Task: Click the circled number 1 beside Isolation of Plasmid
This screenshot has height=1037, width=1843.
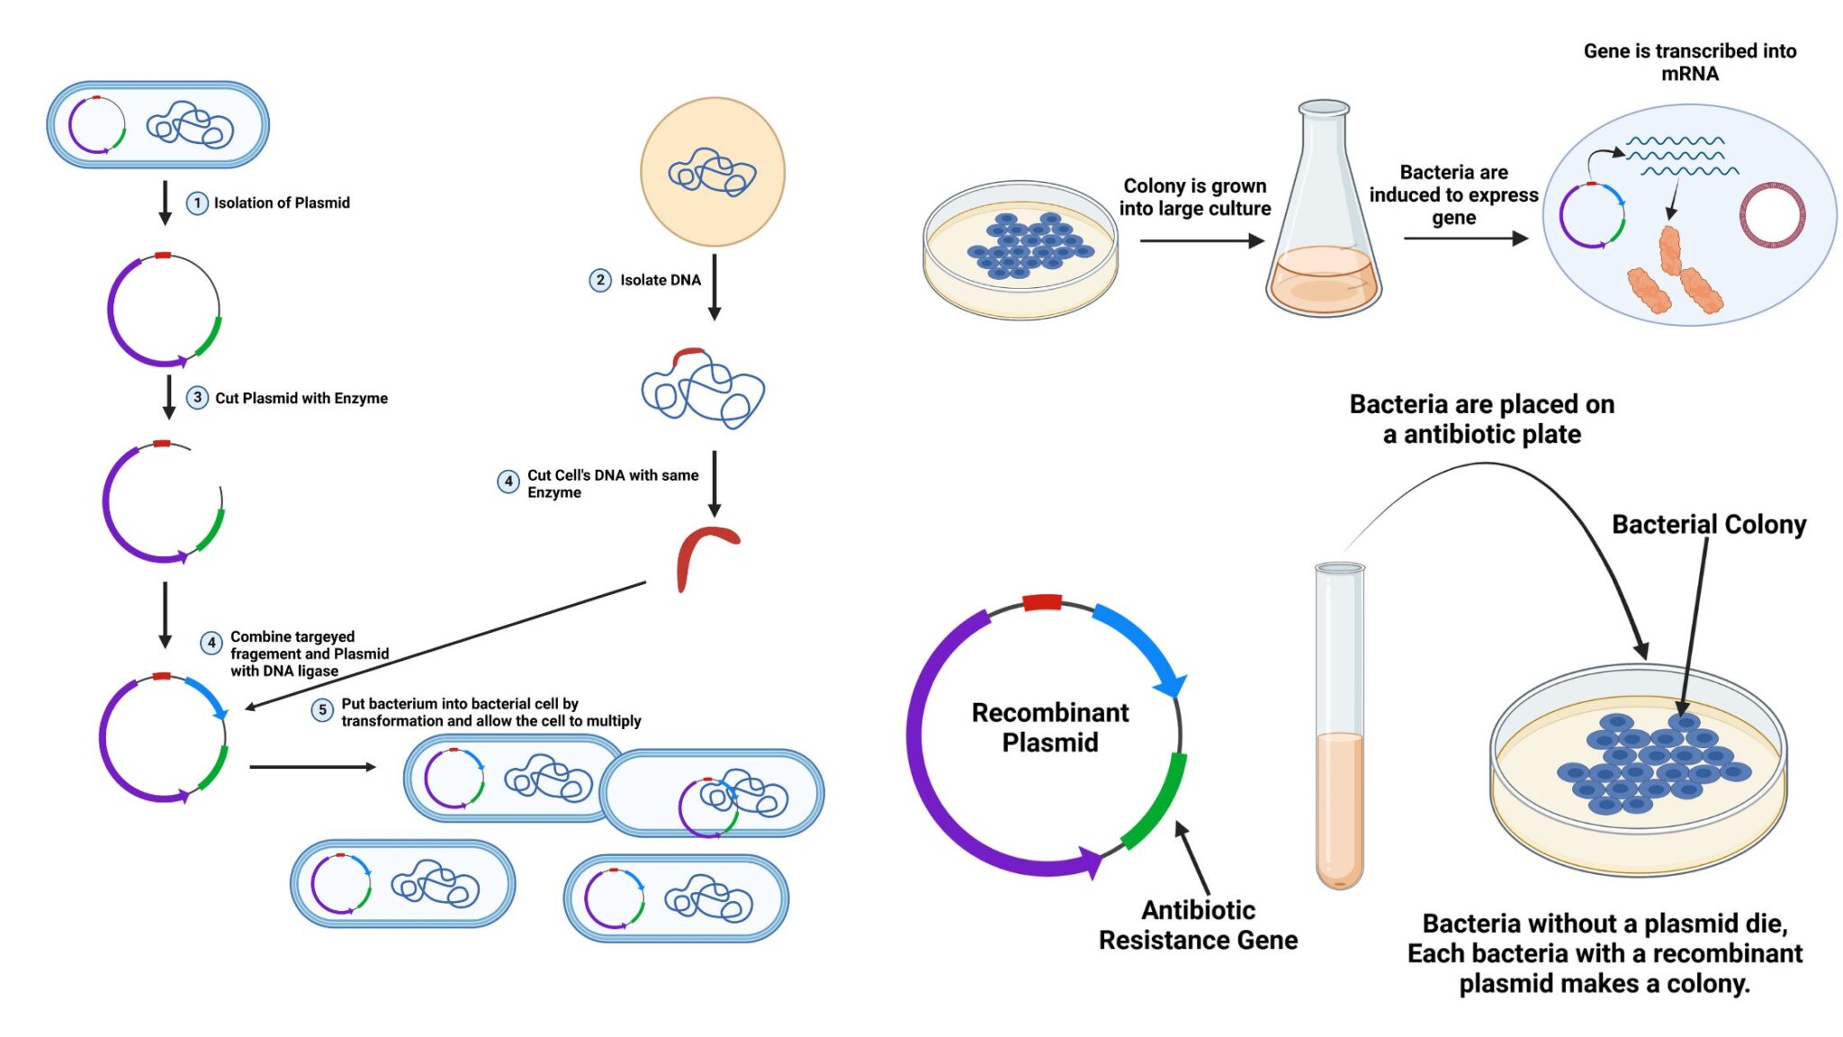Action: point(197,203)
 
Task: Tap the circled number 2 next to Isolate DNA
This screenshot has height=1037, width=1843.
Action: point(600,280)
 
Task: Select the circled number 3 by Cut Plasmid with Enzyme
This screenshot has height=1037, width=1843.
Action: point(197,398)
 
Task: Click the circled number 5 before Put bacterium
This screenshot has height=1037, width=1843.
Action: point(322,710)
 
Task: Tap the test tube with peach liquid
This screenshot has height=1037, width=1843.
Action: point(1339,729)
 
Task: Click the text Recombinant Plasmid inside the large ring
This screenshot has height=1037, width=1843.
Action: point(1049,727)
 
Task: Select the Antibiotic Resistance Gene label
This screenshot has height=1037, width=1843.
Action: point(1198,924)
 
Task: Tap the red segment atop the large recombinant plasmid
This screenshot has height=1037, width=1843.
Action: point(1042,602)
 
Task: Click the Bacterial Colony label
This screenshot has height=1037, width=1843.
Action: point(1708,525)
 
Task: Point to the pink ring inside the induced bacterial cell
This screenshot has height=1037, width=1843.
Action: point(1772,215)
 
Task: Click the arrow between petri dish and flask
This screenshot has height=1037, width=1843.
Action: point(1200,241)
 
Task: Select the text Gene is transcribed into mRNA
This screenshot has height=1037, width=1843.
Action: point(1689,62)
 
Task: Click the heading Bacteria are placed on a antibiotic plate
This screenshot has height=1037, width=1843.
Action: point(1481,419)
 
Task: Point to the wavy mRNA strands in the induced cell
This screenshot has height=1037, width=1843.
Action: point(1678,156)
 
